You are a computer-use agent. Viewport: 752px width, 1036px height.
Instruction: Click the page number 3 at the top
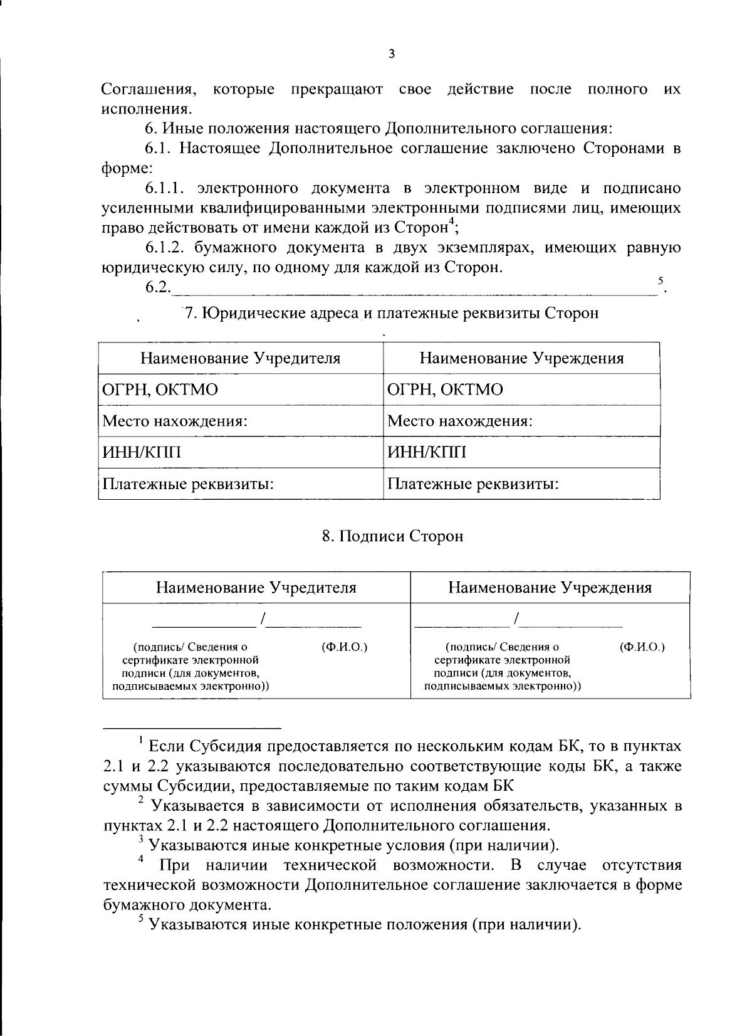[391, 55]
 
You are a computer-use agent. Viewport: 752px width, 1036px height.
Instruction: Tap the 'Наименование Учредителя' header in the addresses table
[241, 358]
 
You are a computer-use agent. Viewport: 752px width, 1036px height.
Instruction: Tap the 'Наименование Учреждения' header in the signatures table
[550, 588]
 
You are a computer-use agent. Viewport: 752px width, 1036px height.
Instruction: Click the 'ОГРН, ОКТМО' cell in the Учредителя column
[160, 389]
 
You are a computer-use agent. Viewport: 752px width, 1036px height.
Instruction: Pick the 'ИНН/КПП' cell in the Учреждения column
[427, 452]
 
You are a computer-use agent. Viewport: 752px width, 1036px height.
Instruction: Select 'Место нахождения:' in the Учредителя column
[175, 421]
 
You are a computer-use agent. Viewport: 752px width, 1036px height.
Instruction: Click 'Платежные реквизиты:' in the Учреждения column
[473, 484]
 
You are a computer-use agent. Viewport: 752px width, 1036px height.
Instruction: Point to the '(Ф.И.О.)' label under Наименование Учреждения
[642, 647]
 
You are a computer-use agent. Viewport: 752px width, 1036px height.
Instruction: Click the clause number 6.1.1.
[166, 188]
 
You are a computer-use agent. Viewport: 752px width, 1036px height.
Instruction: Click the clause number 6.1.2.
[166, 248]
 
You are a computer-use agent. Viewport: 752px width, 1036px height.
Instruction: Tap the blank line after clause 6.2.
[414, 290]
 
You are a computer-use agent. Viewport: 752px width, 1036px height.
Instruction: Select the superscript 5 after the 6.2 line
[660, 282]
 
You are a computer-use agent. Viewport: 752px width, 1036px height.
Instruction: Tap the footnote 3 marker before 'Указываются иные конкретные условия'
[142, 840]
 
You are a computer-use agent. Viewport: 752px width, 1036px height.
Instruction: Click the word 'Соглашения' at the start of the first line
[149, 89]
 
